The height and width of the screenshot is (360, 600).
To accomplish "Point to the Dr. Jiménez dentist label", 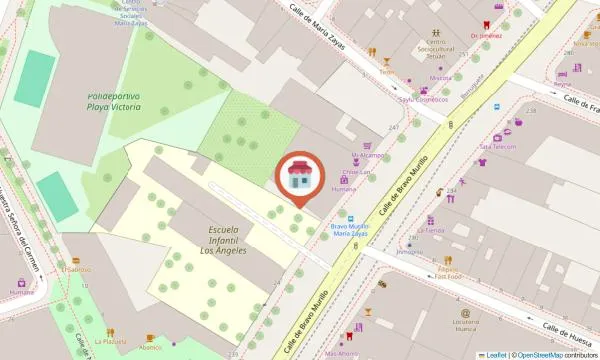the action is tap(485, 34).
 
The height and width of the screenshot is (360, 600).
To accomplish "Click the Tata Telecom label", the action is tap(497, 146).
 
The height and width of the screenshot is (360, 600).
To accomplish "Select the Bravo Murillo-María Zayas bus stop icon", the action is tap(350, 216).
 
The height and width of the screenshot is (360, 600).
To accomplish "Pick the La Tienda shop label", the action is tap(434, 230).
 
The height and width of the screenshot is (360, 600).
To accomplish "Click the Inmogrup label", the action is tap(410, 251).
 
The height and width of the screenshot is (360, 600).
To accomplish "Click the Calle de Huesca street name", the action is tap(564, 333).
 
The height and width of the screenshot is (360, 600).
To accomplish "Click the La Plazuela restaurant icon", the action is tap(110, 329).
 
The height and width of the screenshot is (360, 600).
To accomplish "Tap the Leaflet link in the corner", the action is tap(496, 354).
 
